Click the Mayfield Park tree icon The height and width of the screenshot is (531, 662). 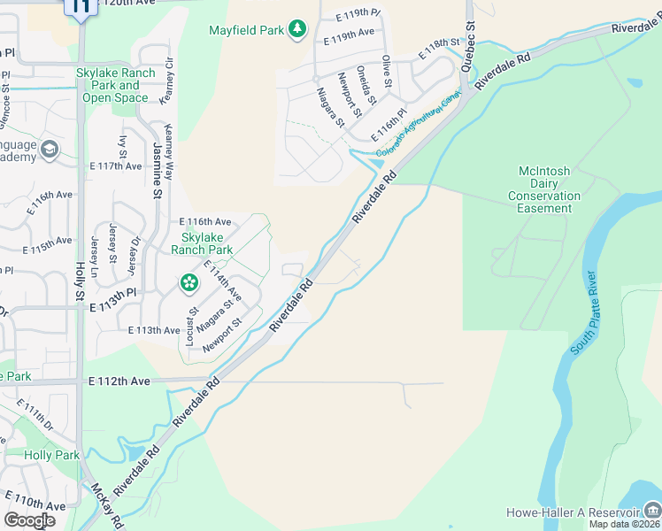(x=298, y=30)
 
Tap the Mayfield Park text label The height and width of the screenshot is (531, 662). (x=247, y=30)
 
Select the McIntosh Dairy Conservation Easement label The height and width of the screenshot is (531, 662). (x=549, y=189)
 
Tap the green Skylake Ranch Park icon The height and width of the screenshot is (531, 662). (x=189, y=283)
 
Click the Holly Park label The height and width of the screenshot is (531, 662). (x=52, y=455)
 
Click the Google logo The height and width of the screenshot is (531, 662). (x=29, y=519)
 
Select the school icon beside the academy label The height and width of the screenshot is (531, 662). (x=49, y=148)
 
